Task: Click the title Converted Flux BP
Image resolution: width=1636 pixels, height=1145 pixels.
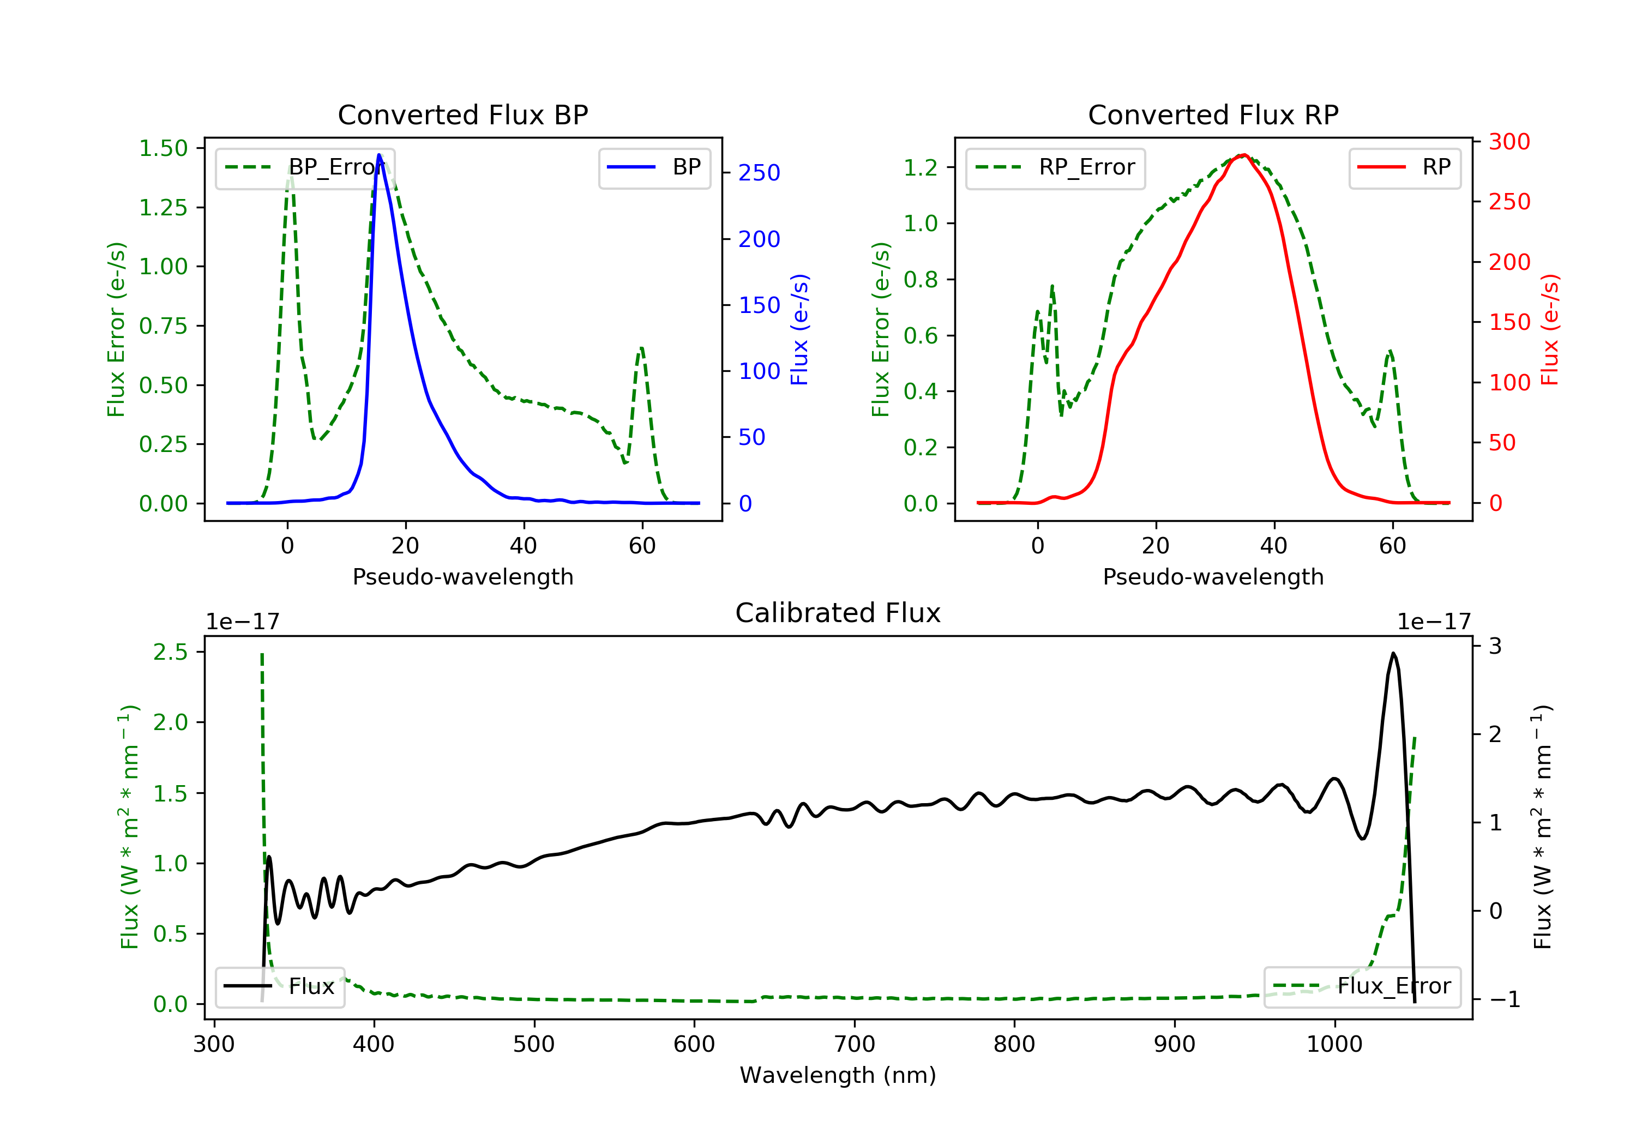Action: click(x=462, y=114)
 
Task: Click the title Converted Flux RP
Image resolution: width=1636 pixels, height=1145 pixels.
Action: click(x=1213, y=114)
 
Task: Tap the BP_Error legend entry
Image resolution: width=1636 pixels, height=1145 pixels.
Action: click(x=305, y=167)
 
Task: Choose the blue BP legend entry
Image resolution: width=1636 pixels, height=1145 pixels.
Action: click(x=654, y=167)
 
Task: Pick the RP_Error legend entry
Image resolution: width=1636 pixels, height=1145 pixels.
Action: click(x=1055, y=167)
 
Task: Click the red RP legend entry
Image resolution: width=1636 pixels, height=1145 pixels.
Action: click(x=1404, y=167)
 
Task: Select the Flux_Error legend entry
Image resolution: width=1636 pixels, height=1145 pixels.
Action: click(x=1362, y=986)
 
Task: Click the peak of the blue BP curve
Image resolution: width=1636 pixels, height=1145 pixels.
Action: click(x=379, y=155)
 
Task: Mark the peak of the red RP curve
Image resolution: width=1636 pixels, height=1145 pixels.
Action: click(x=1243, y=155)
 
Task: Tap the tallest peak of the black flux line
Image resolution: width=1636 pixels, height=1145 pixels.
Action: click(x=1393, y=653)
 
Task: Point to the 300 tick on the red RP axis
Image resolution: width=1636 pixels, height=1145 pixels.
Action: click(x=1509, y=142)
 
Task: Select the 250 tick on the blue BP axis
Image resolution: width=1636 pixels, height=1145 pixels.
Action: click(x=759, y=172)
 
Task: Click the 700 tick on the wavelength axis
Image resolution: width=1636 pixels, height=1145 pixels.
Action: click(x=855, y=1045)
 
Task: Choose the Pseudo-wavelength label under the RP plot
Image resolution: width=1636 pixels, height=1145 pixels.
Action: click(x=1213, y=576)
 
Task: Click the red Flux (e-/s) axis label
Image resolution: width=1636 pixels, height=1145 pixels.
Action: click(x=1549, y=329)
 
